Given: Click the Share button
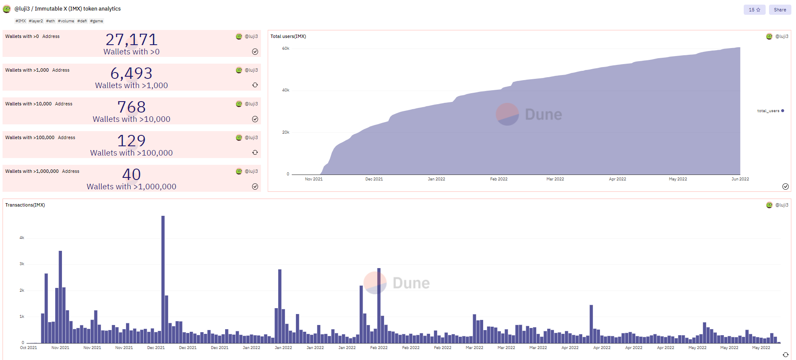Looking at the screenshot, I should coord(780,10).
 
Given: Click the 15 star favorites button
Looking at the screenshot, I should coord(754,10).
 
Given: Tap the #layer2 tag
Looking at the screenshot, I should coord(36,21).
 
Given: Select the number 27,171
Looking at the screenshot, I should coord(132,40).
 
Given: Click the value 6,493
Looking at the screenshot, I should coord(132,74).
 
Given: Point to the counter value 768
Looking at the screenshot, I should coord(132,107).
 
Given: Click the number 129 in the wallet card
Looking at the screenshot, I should coord(132,141).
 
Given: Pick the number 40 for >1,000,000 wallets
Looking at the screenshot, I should coord(132,175).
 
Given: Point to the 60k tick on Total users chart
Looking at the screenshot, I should coord(285,48).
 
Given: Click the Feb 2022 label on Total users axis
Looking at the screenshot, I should coord(499,179).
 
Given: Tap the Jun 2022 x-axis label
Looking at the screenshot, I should coord(740,179).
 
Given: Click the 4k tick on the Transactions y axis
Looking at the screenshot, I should coord(22,238).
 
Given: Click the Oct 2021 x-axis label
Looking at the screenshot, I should coord(29,348).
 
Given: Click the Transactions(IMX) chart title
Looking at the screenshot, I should coord(25,205).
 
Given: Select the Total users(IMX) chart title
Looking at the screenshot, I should coord(288,36).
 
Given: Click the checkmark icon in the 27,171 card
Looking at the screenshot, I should coord(255,51).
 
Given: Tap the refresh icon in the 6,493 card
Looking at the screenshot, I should coord(255,85).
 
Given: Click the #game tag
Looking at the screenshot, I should coord(97,21).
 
